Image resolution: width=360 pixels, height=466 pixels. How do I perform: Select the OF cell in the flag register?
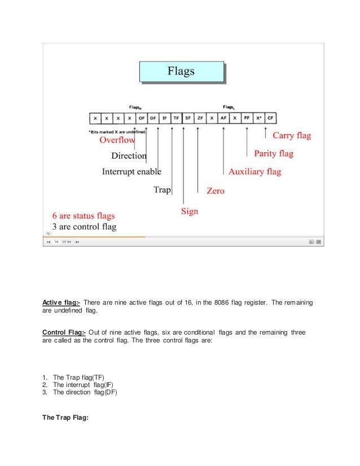141,118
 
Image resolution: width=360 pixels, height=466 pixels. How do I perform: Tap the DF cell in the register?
153,118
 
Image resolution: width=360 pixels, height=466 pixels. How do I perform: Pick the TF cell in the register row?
176,118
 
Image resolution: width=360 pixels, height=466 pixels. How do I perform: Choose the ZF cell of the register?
199,118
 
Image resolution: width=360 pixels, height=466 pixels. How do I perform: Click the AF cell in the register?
223,118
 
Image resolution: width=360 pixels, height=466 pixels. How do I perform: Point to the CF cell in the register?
271,118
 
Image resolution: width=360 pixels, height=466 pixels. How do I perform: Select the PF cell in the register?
247,118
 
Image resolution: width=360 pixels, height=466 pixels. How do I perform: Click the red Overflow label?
117,140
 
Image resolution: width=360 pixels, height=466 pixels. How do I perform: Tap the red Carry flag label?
292,136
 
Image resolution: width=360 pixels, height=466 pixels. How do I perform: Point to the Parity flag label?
274,153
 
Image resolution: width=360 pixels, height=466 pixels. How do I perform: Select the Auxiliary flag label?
254,172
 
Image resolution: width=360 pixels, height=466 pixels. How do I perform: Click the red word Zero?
216,191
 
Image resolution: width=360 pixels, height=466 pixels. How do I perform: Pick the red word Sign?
189,212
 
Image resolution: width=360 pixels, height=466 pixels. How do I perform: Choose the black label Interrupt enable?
131,172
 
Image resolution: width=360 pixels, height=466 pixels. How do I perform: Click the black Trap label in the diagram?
162,190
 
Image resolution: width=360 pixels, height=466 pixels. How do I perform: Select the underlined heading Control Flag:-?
64,332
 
